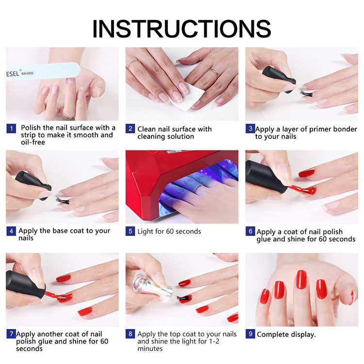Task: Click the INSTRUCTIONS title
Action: coord(182,29)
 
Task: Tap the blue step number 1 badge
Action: coord(11,129)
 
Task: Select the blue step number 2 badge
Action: coord(130,129)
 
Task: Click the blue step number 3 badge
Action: coord(250,129)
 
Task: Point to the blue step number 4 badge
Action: coord(11,231)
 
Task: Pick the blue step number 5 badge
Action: coord(130,231)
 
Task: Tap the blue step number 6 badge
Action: coord(250,231)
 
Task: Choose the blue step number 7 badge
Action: coord(11,334)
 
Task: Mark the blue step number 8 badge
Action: coord(130,334)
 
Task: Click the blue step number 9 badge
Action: coord(250,334)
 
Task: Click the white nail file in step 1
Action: coord(43,71)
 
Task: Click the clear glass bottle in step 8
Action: coord(152,287)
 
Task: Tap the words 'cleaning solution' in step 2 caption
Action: coord(165,136)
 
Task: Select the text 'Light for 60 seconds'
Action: coord(169,232)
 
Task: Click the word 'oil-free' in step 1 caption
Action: coord(33,142)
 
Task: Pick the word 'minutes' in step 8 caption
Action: coord(150,348)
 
